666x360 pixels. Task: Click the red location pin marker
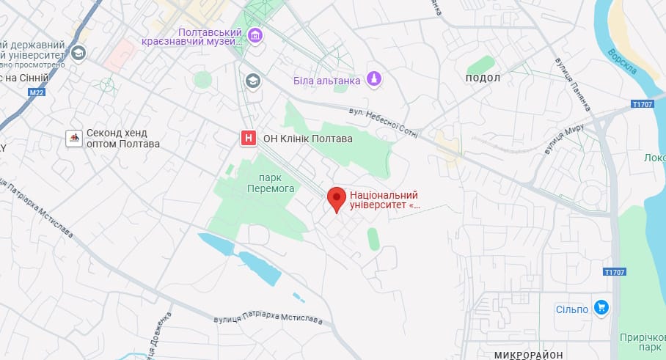(337, 199)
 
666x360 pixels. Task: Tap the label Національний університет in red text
(384, 200)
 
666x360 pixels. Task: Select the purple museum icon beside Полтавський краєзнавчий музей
(255, 34)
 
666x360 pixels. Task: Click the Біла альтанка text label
(326, 80)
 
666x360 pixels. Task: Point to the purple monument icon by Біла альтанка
(374, 78)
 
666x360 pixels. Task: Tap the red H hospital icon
(249, 138)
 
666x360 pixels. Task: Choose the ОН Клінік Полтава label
(307, 138)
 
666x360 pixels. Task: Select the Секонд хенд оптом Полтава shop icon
(74, 137)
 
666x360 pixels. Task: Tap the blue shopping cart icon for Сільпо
(602, 308)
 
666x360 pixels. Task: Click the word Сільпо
(572, 309)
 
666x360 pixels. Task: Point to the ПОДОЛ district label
(483, 78)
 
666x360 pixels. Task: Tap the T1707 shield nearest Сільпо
(614, 272)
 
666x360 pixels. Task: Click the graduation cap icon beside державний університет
(78, 53)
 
